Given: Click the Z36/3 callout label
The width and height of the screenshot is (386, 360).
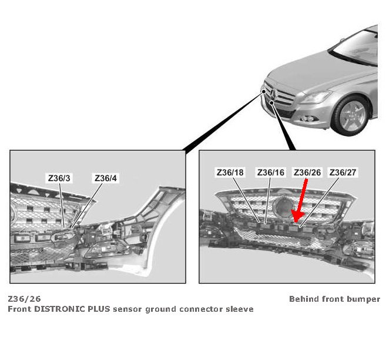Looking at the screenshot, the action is (60, 178).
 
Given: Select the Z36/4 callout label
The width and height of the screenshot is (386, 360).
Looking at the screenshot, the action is (106, 178).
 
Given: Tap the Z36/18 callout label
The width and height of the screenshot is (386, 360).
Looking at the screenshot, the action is (230, 172).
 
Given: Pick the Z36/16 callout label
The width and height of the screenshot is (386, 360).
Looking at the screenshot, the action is (270, 172).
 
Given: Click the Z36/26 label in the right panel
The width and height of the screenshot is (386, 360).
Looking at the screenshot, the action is (307, 172).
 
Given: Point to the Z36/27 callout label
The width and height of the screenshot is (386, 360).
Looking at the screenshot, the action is (344, 172).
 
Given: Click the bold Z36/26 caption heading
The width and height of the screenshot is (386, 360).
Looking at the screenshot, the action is (25, 299).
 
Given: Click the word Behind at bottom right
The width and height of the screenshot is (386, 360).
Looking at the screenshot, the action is (304, 299).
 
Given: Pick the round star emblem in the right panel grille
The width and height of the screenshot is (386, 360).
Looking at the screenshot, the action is (281, 207).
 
